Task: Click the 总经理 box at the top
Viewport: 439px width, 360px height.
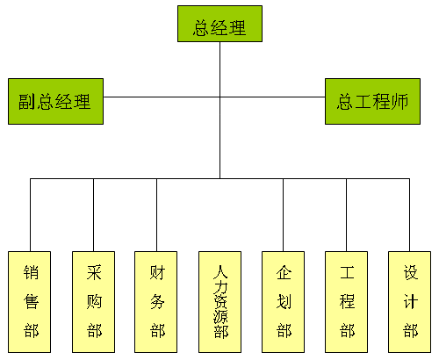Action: click(x=219, y=24)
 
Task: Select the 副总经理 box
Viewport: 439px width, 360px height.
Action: click(x=55, y=101)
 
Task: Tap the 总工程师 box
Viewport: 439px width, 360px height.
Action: click(x=372, y=101)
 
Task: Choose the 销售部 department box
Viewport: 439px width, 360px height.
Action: click(x=29, y=302)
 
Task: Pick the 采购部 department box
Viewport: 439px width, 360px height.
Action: click(x=93, y=302)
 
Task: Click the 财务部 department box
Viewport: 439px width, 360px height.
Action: click(x=155, y=302)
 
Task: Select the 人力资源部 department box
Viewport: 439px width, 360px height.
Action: click(x=219, y=302)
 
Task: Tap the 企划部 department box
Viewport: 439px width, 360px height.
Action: click(x=283, y=302)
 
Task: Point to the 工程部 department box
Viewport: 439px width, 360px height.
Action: click(x=346, y=302)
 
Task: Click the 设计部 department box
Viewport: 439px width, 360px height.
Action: click(x=409, y=302)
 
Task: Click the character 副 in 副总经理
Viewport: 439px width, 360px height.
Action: click(x=27, y=102)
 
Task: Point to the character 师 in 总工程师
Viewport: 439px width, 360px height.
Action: click(x=399, y=102)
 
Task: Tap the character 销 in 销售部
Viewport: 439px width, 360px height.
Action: click(x=31, y=272)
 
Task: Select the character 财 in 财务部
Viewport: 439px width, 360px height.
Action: click(x=157, y=272)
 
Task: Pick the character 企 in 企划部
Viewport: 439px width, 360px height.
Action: click(x=284, y=272)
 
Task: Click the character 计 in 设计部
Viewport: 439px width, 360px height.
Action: click(x=410, y=301)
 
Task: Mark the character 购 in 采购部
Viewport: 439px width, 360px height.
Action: click(x=94, y=301)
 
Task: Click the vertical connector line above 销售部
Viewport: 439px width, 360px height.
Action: click(x=30, y=215)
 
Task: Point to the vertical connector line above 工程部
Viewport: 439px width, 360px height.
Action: click(x=346, y=215)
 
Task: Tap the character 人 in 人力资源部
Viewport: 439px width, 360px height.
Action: click(x=220, y=271)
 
